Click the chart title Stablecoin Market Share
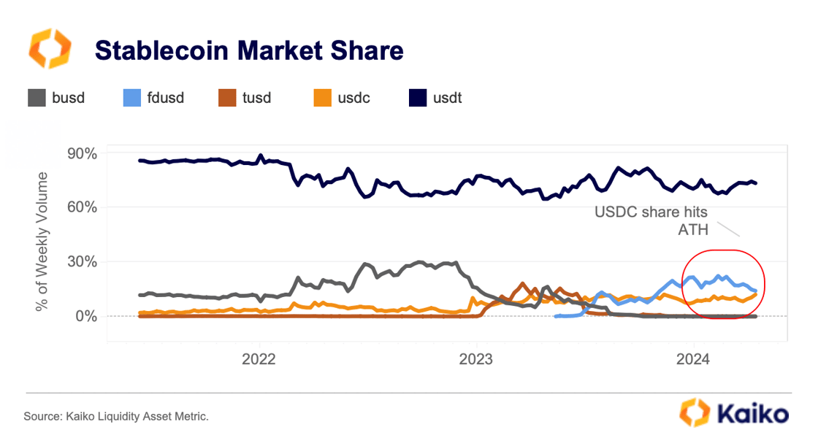click(x=248, y=50)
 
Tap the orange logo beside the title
click(x=50, y=50)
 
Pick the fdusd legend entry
click(x=151, y=97)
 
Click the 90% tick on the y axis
click(x=82, y=153)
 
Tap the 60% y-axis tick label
click(x=82, y=207)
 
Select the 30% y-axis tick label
click(x=82, y=261)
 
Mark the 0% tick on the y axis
click(x=85, y=316)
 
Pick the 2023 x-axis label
click(x=475, y=359)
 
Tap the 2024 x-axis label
click(x=692, y=359)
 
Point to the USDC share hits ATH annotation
click(x=651, y=221)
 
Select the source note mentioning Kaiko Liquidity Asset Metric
click(x=116, y=417)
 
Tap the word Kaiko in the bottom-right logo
click(x=752, y=414)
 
